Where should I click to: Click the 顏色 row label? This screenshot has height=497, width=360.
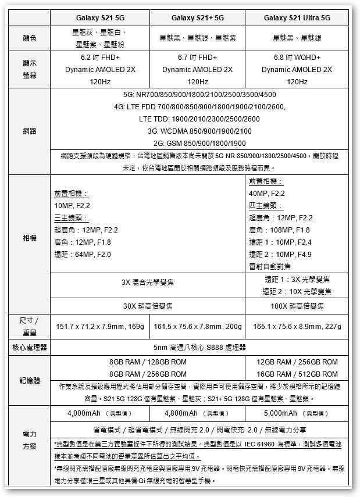click(x=30, y=38)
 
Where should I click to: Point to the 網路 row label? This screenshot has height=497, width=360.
click(x=30, y=131)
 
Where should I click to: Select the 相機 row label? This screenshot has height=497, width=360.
click(x=30, y=239)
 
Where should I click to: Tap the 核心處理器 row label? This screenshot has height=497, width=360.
click(x=30, y=348)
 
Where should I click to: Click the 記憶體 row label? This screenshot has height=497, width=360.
click(x=30, y=380)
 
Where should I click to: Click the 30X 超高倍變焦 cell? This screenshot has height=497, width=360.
click(x=148, y=306)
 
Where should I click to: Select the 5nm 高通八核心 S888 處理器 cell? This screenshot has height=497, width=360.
click(x=199, y=348)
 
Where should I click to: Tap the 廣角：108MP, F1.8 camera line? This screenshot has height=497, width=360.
click(x=280, y=230)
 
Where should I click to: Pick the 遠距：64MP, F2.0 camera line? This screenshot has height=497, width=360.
click(x=82, y=255)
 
